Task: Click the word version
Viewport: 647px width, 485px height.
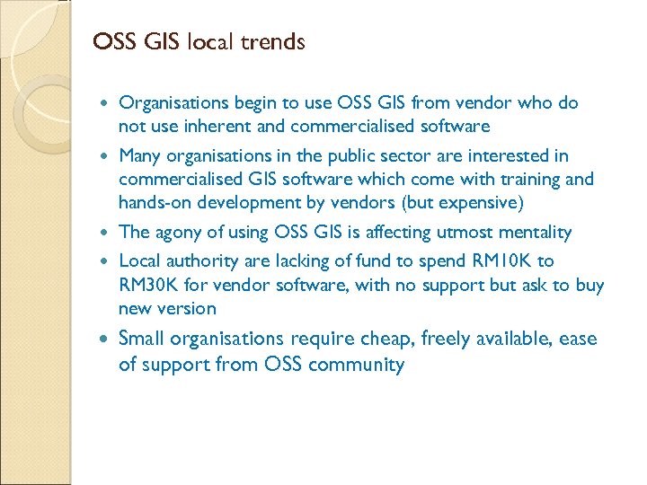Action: (185, 309)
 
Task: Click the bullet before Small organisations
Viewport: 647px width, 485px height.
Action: (108, 339)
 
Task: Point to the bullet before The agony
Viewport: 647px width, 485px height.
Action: (108, 233)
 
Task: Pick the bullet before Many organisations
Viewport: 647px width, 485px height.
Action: (108, 156)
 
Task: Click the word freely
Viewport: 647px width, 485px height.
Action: (475, 339)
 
